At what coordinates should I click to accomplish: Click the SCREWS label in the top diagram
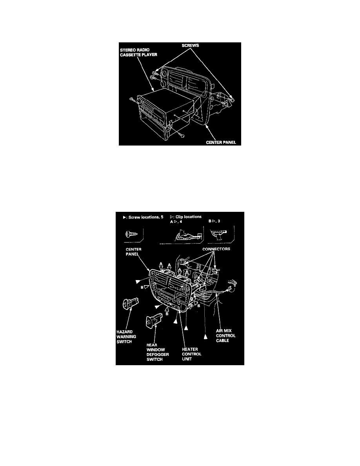[190, 46]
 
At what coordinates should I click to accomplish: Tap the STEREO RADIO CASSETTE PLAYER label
[138, 52]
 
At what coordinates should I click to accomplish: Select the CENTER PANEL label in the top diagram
[221, 142]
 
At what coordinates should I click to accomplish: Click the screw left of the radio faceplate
[132, 99]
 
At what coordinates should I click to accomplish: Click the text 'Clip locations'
[188, 217]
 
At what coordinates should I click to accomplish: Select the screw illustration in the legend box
[132, 234]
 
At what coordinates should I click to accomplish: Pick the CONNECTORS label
[216, 249]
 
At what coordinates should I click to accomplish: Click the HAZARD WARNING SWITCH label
[126, 337]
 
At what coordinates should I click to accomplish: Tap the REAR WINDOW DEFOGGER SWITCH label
[158, 352]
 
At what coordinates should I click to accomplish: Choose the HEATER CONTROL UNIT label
[192, 354]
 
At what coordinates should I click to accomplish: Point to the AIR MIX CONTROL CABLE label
[226, 335]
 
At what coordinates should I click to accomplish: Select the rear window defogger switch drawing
[154, 321]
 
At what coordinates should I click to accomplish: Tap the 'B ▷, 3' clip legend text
[214, 221]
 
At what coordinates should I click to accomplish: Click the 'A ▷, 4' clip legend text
[176, 221]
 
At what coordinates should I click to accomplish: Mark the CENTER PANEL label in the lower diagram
[133, 252]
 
